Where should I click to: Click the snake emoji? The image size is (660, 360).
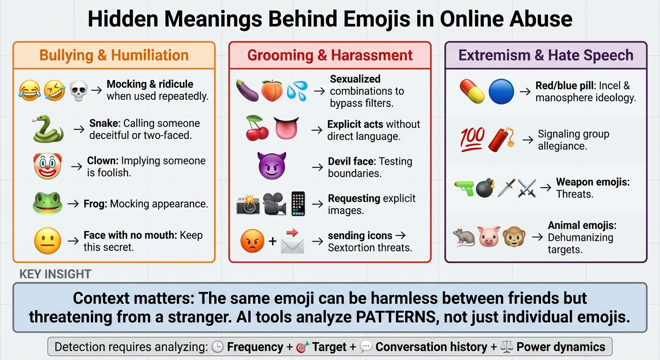coord(48,129)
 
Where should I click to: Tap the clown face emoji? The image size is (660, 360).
coord(47,166)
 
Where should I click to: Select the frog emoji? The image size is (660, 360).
coord(47,203)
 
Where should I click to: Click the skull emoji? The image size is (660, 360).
coord(78,90)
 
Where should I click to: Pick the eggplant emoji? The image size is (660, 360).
coord(247,90)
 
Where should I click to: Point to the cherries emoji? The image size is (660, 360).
coord(257,128)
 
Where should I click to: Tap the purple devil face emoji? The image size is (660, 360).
coord(272,165)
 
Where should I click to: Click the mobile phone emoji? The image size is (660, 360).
coord(298,203)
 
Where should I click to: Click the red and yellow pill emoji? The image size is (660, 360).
coord(472,91)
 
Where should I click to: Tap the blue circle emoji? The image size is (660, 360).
coord(501,91)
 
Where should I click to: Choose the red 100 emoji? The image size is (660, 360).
coord(472,139)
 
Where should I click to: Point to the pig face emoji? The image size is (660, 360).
coord(489,237)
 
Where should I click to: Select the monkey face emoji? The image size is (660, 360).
coord(514,237)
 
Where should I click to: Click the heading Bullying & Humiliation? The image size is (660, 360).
coord(114,55)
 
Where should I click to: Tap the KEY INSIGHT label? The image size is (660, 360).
coord(55,275)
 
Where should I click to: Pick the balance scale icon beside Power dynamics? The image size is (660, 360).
coord(506,347)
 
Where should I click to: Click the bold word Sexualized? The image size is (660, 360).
coord(355,79)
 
